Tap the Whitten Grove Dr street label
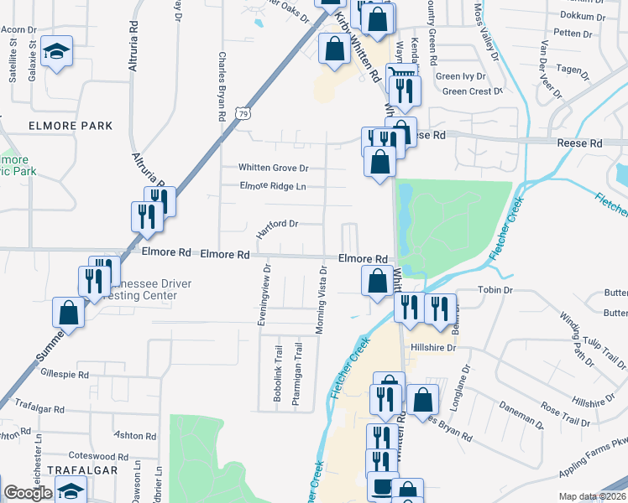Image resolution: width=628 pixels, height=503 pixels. point(273,168)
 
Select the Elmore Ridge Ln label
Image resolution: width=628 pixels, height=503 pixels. point(273,186)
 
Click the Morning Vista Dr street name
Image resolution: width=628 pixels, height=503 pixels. point(321,299)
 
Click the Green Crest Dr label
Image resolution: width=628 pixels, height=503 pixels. point(471,91)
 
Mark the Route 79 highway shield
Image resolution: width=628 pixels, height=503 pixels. point(243,112)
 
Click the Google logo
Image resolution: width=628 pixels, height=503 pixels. point(27,494)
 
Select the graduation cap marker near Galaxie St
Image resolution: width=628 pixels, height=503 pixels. point(58,51)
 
